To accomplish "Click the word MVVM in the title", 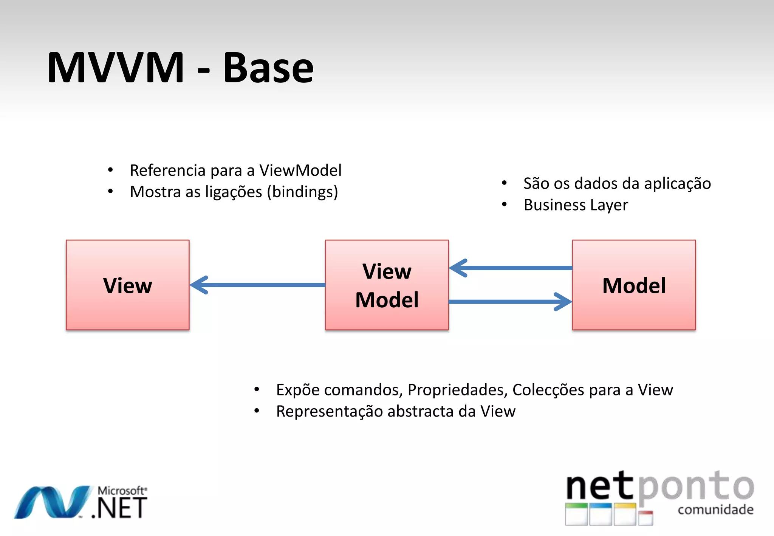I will click(x=115, y=68).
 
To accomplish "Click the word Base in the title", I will click(x=268, y=68).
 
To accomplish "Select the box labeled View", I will click(x=128, y=285).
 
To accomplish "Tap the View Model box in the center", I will click(x=387, y=285).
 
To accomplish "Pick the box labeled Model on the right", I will click(x=634, y=285).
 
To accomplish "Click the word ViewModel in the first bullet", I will click(x=300, y=170).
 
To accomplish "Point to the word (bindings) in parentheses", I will click(x=302, y=192).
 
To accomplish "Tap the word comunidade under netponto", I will click(x=715, y=510).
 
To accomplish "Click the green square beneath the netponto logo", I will click(x=576, y=514).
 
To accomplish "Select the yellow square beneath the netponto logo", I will click(x=625, y=514).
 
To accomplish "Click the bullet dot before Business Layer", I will click(x=504, y=204).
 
